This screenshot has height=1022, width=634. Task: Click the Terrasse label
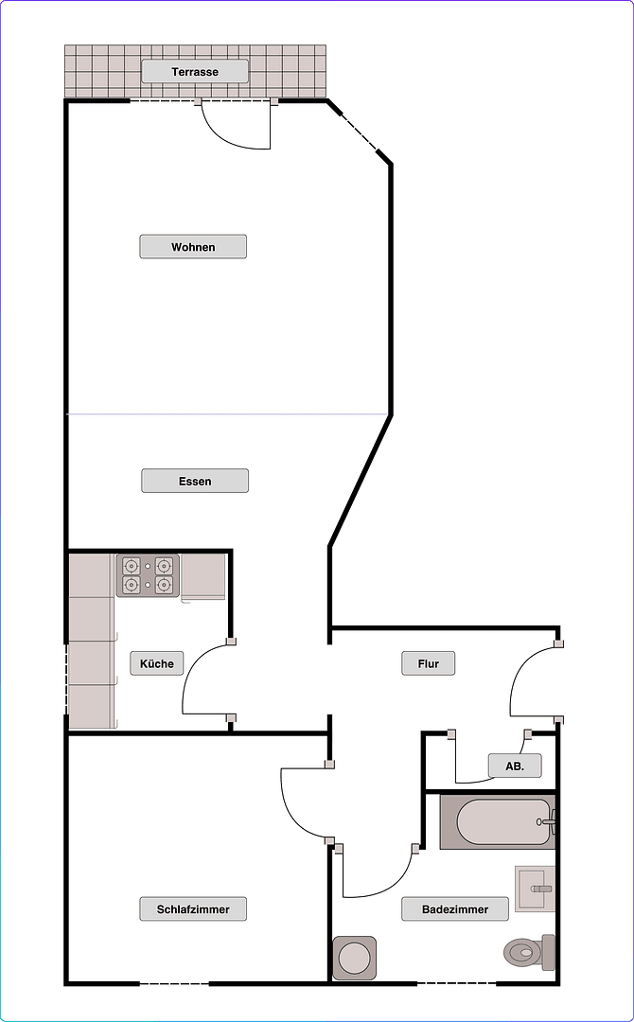point(195,72)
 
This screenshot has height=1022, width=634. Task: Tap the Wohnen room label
point(193,247)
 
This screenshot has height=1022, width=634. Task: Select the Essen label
point(195,481)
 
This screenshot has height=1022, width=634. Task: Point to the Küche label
point(157,663)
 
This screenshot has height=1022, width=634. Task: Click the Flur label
point(429,663)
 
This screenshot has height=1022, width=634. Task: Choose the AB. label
point(515,765)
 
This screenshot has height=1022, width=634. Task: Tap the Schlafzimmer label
point(193,909)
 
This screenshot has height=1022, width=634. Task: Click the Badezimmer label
point(455,909)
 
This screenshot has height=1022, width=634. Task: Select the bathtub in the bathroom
point(496,821)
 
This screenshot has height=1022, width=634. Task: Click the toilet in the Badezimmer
point(528,952)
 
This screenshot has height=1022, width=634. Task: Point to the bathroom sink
point(535,889)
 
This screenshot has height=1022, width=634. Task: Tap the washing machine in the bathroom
point(355,958)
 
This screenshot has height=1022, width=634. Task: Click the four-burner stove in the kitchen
point(149,575)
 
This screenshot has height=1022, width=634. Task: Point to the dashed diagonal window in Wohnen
point(358,132)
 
